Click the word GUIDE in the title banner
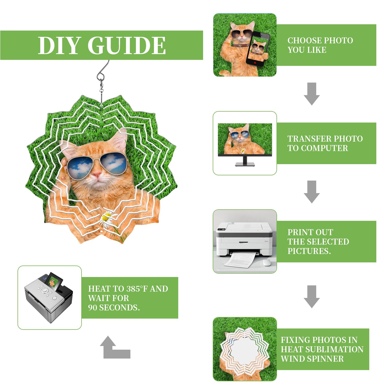point(126,45)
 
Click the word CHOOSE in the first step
point(305,41)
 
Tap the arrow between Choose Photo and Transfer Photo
point(312,94)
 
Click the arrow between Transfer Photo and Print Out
point(312,192)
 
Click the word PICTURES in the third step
point(309,251)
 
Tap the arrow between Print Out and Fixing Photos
point(312,297)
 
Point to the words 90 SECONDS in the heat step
point(114,308)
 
